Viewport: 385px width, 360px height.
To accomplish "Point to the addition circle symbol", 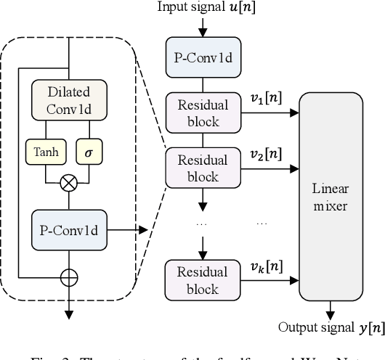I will point(68,277).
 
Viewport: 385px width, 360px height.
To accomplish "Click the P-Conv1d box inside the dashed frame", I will point(68,230).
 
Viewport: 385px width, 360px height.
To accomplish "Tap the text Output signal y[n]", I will point(331,327).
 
